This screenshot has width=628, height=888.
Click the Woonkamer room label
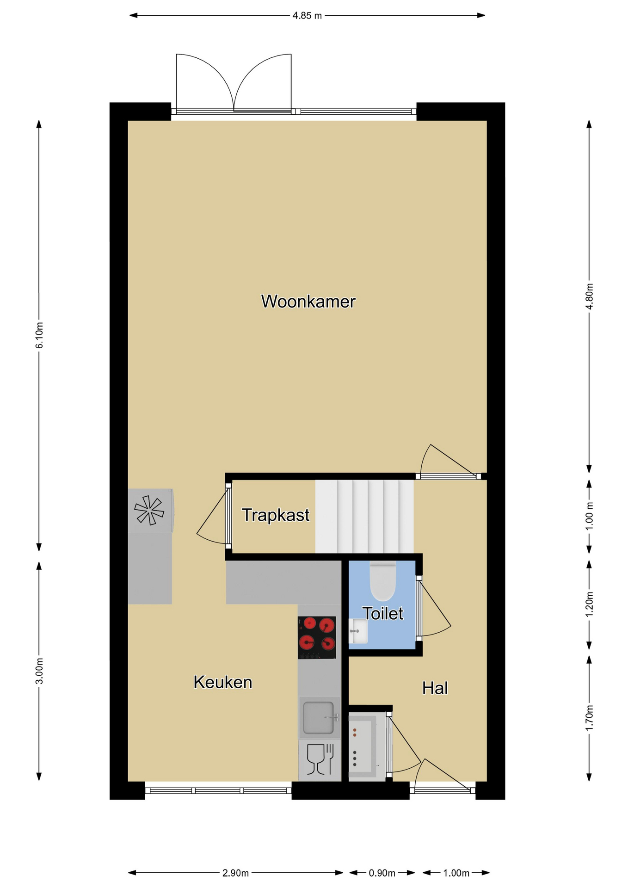(308, 302)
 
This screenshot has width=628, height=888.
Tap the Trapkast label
(276, 515)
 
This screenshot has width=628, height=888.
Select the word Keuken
(223, 682)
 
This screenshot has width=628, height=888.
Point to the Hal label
(435, 688)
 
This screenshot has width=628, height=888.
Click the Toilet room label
(383, 614)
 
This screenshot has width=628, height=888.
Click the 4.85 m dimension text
(307, 16)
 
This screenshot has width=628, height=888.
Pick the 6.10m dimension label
(39, 335)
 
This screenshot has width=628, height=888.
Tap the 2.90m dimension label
(236, 873)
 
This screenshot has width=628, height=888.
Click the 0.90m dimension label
(382, 873)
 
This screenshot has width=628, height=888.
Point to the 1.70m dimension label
(589, 718)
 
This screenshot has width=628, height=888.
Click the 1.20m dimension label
(589, 604)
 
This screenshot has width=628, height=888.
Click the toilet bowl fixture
(383, 581)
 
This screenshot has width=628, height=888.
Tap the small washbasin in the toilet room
(358, 631)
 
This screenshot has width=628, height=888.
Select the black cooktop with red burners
(317, 637)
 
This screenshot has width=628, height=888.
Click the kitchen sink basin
(318, 717)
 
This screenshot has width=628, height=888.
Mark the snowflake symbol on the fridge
(149, 510)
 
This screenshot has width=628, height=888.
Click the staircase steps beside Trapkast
(364, 516)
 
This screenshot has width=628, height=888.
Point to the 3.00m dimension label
(39, 671)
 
